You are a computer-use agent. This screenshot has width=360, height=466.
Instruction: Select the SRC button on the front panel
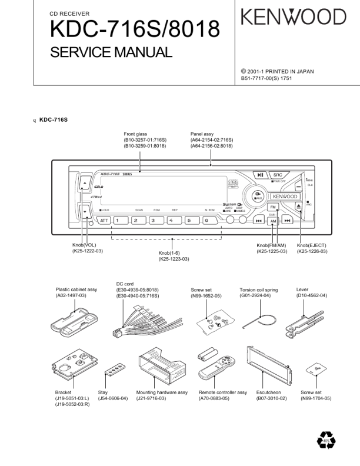point(278,175)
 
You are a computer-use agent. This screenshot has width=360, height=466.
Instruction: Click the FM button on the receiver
point(273,208)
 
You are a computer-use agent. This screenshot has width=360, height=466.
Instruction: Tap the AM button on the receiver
point(273,221)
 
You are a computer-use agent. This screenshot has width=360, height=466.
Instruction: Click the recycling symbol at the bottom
point(325,439)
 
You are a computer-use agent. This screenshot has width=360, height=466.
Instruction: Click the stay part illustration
point(114,367)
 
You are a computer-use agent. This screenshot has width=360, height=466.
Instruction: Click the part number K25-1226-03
point(311,251)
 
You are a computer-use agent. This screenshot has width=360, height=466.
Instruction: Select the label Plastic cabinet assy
point(76,289)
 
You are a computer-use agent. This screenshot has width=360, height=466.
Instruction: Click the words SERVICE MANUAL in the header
point(111,52)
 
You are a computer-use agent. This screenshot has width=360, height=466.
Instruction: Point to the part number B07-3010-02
point(272,398)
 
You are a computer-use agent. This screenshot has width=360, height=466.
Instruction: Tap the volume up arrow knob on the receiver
point(85,184)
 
